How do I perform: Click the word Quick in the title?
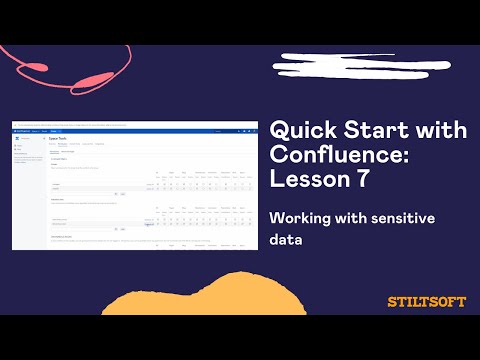[299, 132]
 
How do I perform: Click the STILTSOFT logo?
[426, 301]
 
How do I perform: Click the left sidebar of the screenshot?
[28, 180]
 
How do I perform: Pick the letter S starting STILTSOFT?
[391, 301]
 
